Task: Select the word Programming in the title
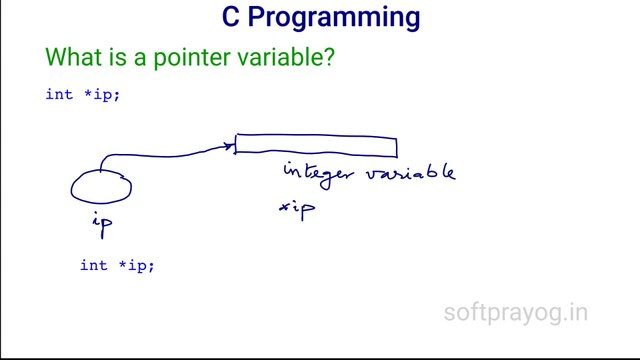pos(335,19)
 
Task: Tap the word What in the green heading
pos(73,58)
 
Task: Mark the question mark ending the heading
pos(327,58)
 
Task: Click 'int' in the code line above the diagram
pos(57,94)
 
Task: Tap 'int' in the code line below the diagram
pos(93,265)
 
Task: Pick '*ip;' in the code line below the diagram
pos(135,265)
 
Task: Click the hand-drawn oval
pos(101,187)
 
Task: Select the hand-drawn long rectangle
pos(316,147)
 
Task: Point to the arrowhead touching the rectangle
pos(231,148)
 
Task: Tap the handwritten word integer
pos(319,173)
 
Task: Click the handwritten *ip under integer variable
pos(297,208)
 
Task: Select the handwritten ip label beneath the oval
pos(102,225)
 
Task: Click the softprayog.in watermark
pos(515,313)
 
